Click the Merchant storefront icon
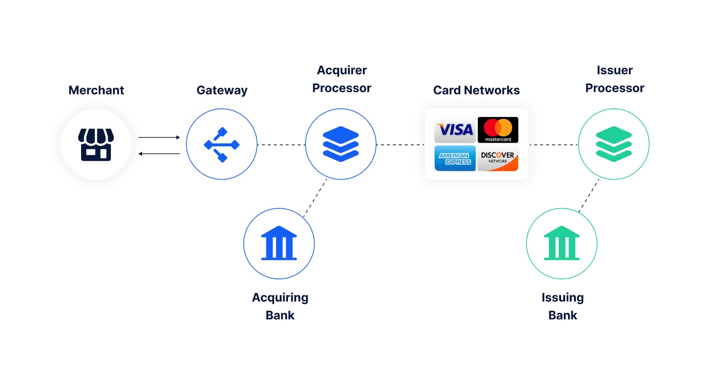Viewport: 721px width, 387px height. click(96, 144)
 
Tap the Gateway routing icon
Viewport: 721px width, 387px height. click(222, 144)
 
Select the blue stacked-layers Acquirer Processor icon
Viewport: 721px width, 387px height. click(341, 144)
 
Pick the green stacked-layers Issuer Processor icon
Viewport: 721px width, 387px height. click(614, 144)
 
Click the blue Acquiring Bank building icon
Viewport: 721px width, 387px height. click(279, 243)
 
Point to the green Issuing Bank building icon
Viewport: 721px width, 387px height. click(561, 243)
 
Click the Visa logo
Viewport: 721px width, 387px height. click(455, 130)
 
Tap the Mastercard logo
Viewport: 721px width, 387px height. click(498, 130)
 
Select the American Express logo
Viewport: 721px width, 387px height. click(455, 158)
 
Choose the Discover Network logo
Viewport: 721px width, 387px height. click(498, 158)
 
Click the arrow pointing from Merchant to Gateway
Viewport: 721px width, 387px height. click(159, 137)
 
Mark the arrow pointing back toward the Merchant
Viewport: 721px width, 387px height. click(159, 154)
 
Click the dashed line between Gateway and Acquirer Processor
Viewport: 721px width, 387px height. click(281, 145)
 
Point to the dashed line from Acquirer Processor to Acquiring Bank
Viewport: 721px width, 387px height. click(315, 198)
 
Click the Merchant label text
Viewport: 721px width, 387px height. click(96, 90)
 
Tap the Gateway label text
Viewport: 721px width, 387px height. click(222, 90)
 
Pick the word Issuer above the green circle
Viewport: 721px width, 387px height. click(615, 70)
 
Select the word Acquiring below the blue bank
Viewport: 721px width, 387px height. click(280, 298)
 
